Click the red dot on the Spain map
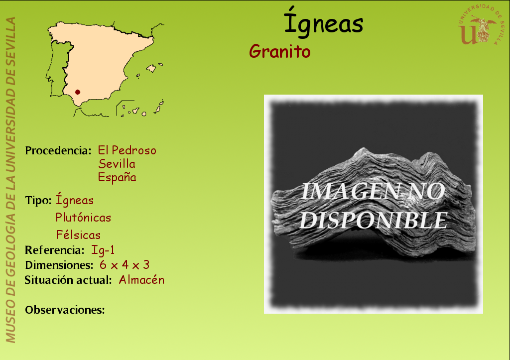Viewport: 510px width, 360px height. (77, 92)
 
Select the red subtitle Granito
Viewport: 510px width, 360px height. (280, 51)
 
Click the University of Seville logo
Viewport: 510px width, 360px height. (481, 25)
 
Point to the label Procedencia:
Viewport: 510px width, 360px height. (58, 150)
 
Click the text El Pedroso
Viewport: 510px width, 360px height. (127, 150)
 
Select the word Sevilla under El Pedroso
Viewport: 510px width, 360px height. (117, 164)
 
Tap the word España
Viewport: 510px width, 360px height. (117, 177)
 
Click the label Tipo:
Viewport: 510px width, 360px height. (38, 200)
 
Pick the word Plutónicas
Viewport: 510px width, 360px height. (83, 218)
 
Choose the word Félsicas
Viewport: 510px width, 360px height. (78, 235)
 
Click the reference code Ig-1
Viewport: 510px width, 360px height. (103, 250)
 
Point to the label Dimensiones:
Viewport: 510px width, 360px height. (59, 265)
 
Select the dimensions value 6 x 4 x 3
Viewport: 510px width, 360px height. (125, 265)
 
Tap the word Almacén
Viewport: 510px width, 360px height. (141, 280)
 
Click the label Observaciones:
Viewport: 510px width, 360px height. (65, 310)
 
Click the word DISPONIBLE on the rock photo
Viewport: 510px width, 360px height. (374, 221)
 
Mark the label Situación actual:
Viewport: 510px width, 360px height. (68, 280)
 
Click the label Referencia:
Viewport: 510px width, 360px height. (55, 250)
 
